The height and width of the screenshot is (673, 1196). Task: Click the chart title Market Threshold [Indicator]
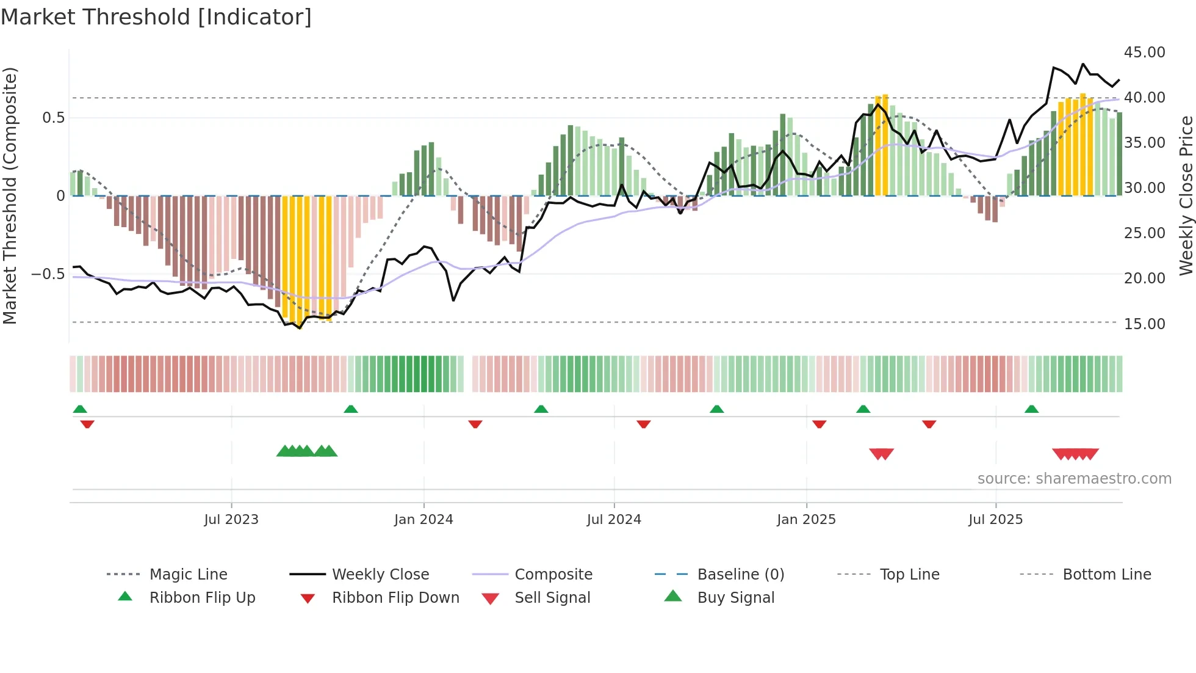tap(156, 17)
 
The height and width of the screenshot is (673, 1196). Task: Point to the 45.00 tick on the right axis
tap(1144, 53)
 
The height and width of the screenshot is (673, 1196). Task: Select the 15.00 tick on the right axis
tap(1144, 324)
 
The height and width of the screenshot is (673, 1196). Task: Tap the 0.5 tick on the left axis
tap(54, 117)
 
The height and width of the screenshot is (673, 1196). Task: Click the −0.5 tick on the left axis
tap(48, 274)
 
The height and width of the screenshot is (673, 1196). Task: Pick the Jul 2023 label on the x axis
tap(231, 520)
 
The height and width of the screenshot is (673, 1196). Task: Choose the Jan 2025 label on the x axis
tap(806, 520)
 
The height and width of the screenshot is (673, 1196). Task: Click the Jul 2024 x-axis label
tap(614, 520)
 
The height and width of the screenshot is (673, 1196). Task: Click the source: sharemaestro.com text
tap(1074, 479)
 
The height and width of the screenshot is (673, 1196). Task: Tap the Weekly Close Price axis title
tap(1186, 195)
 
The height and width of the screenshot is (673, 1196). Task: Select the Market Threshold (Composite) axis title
tap(10, 195)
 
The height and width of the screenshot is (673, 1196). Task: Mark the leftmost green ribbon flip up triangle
tap(80, 409)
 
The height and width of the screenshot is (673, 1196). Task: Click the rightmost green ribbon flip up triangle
tap(1031, 409)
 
